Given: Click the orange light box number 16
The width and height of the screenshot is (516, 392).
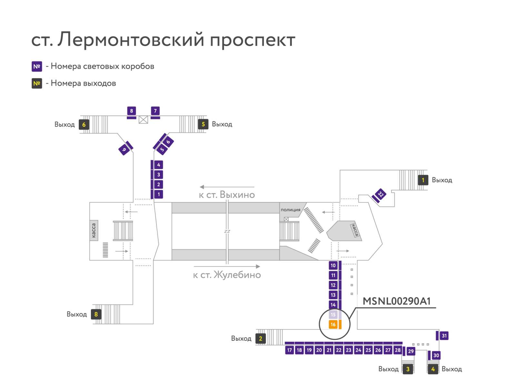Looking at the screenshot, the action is (x=333, y=324).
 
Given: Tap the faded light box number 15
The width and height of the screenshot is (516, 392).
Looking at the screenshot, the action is (x=333, y=315).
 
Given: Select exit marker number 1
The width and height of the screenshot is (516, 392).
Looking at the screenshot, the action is (x=423, y=180).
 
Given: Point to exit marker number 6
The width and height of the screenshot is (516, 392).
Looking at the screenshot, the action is (x=84, y=124).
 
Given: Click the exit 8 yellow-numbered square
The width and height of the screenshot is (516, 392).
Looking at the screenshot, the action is (x=96, y=314).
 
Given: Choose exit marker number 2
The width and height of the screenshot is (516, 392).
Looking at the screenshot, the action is (x=261, y=338).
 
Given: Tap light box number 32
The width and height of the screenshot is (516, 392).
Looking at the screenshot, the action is (x=381, y=194).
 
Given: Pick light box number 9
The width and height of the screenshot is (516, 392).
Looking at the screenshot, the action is (x=124, y=150).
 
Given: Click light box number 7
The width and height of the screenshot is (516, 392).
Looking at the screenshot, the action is (x=155, y=111).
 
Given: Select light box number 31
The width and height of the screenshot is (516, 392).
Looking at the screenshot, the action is (x=444, y=336).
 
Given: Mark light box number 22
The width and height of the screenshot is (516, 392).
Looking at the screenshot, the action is (x=339, y=350).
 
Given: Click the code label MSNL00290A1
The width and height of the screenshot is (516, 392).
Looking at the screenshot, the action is (x=397, y=301).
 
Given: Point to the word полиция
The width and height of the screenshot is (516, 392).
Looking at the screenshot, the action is (x=290, y=210).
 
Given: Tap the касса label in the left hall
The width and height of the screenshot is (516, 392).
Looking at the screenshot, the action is (x=94, y=230).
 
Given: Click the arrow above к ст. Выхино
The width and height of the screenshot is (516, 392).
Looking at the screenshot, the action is (x=227, y=187).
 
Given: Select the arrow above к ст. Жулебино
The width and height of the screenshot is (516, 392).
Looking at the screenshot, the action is (x=227, y=266).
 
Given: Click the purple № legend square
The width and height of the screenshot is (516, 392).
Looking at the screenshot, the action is (x=37, y=66).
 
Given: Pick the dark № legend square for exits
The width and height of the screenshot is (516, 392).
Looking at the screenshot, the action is (x=37, y=83).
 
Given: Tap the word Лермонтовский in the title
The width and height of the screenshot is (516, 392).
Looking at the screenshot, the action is (x=131, y=39).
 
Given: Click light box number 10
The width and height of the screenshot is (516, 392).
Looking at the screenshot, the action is (x=333, y=265).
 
